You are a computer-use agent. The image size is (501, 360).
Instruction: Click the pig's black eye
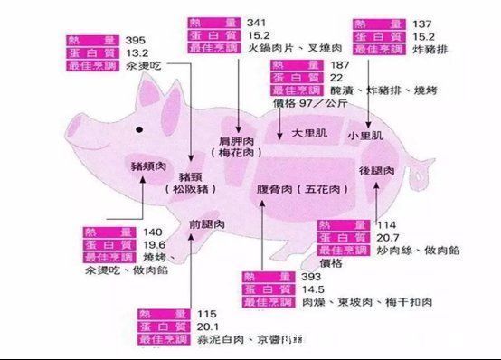click(x=138, y=130)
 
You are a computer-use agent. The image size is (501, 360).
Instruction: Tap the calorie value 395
click(x=135, y=40)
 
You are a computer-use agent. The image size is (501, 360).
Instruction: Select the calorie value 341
click(x=256, y=22)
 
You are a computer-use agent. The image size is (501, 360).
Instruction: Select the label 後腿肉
click(x=375, y=170)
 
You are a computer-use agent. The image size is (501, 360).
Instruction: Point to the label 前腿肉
click(x=206, y=223)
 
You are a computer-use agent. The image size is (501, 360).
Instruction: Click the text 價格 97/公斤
click(x=309, y=103)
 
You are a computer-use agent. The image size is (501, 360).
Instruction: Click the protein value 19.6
click(x=155, y=244)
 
